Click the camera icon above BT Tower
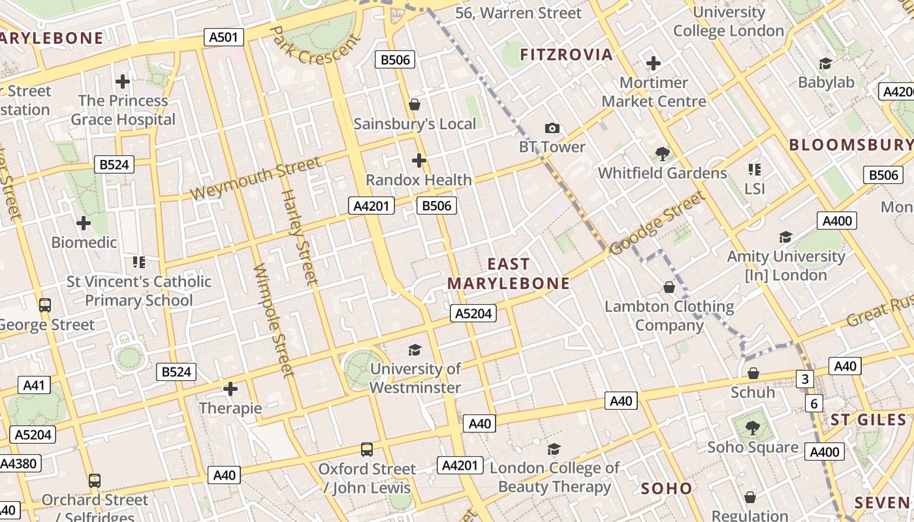coord(552,128)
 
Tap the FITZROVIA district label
coord(567,55)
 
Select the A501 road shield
coord(223,37)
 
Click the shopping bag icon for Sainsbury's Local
coord(414,104)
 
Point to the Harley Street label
coord(299,237)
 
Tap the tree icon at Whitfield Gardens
coord(663,154)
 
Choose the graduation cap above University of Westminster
coord(415,350)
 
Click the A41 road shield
coord(33,385)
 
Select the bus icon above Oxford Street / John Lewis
coord(367,450)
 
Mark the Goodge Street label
coord(658,223)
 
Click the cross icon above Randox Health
coord(418,160)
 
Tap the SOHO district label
coord(667,489)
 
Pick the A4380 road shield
coord(20,464)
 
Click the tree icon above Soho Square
coord(753,428)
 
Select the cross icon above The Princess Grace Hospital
coord(123,82)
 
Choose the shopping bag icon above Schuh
coord(753,373)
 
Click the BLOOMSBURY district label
coord(851,145)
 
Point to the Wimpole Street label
coord(274,320)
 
